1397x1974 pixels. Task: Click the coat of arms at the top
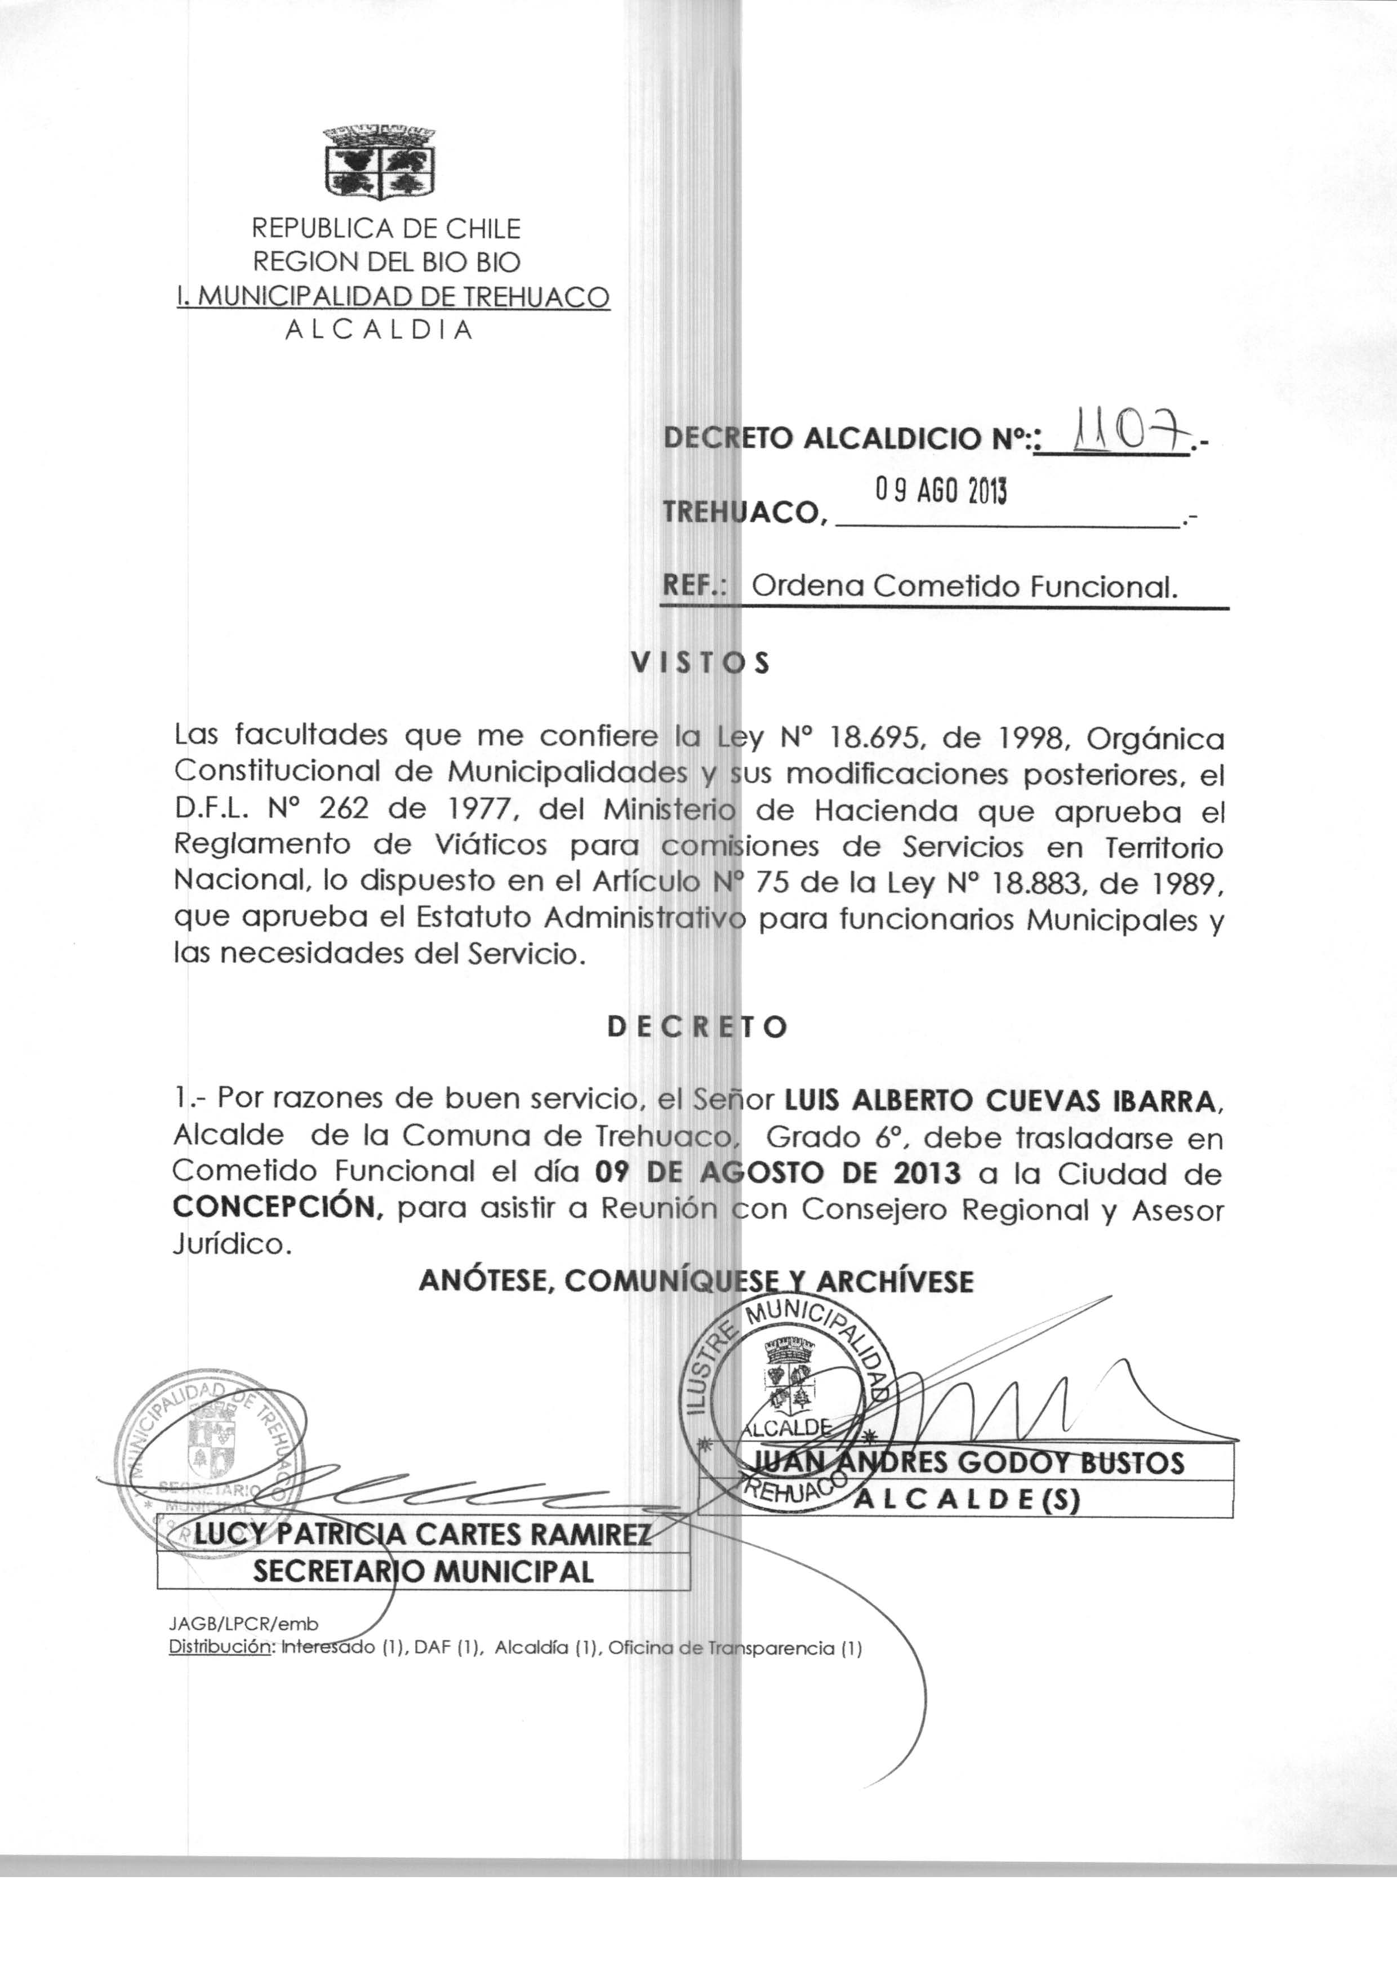point(379,161)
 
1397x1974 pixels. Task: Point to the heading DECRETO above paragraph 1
point(697,1027)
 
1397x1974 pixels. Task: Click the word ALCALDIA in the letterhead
point(379,330)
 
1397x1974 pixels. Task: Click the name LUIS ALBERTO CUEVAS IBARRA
point(1002,1100)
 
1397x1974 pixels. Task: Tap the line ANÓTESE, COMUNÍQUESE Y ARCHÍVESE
point(696,1282)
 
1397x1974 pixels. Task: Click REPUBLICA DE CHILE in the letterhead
point(386,229)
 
